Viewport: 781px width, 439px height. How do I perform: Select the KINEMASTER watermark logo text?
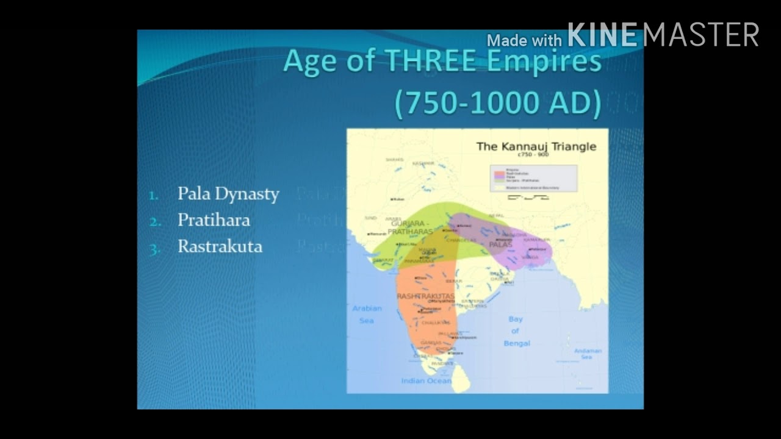(x=663, y=35)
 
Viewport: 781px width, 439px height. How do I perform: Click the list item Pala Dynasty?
(x=228, y=194)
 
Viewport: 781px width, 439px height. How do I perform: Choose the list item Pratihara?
(x=214, y=220)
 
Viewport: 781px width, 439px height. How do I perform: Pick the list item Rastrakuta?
(x=220, y=246)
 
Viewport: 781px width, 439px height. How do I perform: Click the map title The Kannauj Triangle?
(x=536, y=146)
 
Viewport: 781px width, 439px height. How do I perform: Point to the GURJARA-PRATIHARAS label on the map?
(x=410, y=228)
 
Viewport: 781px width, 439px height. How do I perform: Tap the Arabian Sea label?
(x=366, y=313)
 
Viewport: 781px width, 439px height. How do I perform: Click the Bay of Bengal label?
(x=516, y=331)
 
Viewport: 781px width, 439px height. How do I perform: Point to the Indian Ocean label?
(x=426, y=381)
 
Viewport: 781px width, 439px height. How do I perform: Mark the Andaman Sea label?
(x=588, y=354)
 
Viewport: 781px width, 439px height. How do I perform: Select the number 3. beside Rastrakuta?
(x=154, y=248)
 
